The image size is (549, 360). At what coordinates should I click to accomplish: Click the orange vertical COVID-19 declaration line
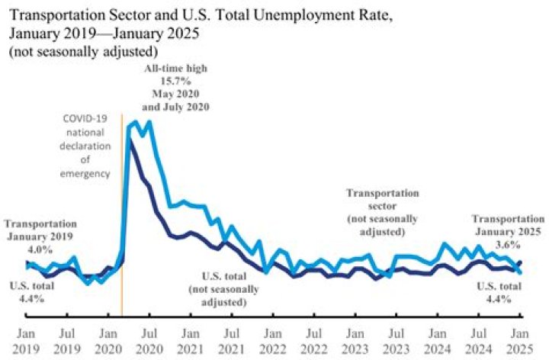pyautogui.click(x=122, y=229)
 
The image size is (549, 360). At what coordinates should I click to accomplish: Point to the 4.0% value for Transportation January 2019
pyautogui.click(x=40, y=249)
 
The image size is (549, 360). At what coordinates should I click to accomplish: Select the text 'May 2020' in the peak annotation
pyautogui.click(x=176, y=93)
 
